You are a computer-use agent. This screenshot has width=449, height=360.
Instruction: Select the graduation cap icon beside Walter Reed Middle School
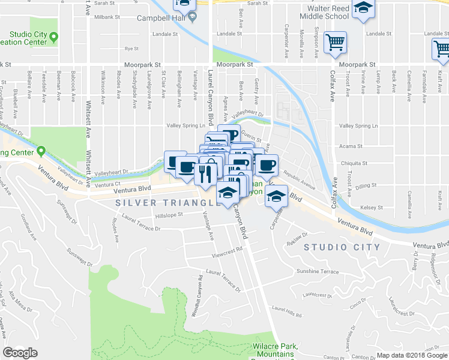(363, 9)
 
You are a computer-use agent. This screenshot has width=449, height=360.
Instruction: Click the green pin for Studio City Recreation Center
(53, 38)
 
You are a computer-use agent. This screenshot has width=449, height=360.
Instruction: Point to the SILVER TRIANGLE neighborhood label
(157, 203)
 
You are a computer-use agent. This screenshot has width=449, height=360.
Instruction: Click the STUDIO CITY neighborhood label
(342, 247)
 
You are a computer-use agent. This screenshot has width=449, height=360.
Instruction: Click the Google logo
(20, 353)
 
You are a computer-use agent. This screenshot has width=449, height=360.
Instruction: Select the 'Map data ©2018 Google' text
(412, 355)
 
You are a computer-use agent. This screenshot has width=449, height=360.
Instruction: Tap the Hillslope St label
(168, 216)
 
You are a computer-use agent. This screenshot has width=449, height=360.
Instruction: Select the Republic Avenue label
(299, 179)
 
